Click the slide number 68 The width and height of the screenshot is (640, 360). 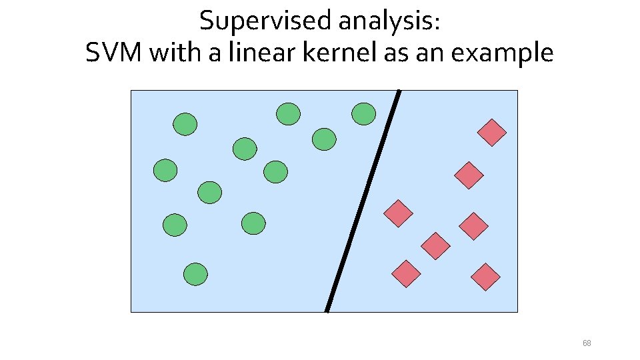coord(587,343)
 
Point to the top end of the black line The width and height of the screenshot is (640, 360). coord(399,91)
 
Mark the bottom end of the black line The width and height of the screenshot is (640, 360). coord(327,310)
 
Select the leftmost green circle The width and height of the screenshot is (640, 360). coord(165,171)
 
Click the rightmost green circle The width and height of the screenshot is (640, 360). coord(364,113)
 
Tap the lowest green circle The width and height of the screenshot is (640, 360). coord(196,274)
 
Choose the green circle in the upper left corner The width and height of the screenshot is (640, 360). coord(185,124)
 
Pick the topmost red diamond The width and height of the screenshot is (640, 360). coord(492,133)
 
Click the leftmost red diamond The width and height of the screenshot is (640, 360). coord(399,213)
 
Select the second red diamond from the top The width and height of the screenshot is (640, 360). coord(469,175)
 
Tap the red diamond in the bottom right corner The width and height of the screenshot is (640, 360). coord(485,277)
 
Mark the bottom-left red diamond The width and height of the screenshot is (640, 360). coord(406,273)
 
